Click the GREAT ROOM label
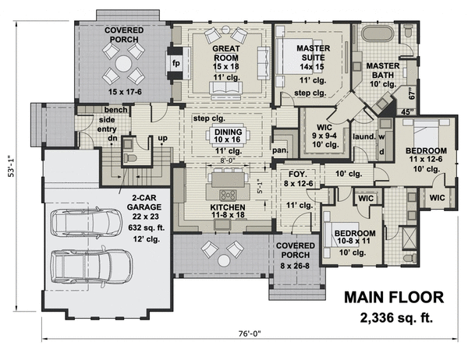click(226, 53)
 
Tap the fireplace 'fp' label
click(176, 63)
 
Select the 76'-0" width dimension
click(250, 334)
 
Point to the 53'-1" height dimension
click(11, 166)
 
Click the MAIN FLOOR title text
click(394, 298)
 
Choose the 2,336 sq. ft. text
click(396, 318)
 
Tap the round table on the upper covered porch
click(123, 64)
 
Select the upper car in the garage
click(87, 222)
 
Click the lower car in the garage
click(91, 266)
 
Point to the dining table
click(228, 136)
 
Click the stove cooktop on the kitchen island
click(228, 195)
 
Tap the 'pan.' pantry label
click(280, 150)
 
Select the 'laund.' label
click(363, 136)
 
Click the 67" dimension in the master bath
click(412, 94)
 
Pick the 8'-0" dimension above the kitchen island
click(228, 161)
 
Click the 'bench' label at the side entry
click(115, 110)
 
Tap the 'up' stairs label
click(163, 139)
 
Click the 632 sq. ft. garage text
click(147, 228)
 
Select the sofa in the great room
click(226, 90)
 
